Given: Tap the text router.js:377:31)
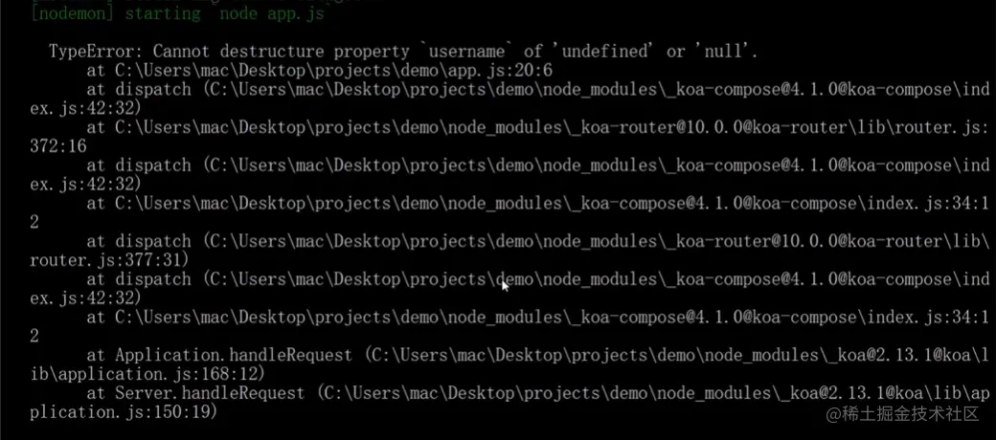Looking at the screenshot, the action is (109, 259).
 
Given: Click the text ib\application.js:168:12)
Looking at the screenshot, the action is (147, 374).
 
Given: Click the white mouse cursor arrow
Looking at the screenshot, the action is (505, 285).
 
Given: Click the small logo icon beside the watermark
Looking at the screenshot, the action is (831, 413).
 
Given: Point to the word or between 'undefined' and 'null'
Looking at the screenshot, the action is (676, 51).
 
